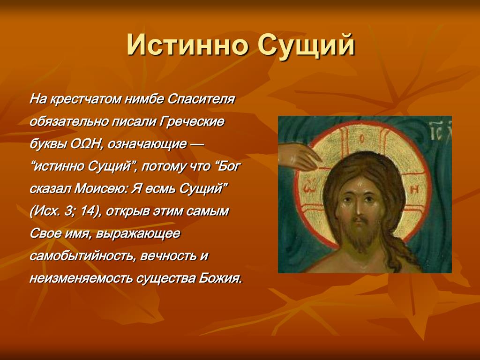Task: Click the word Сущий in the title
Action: click(x=306, y=46)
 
